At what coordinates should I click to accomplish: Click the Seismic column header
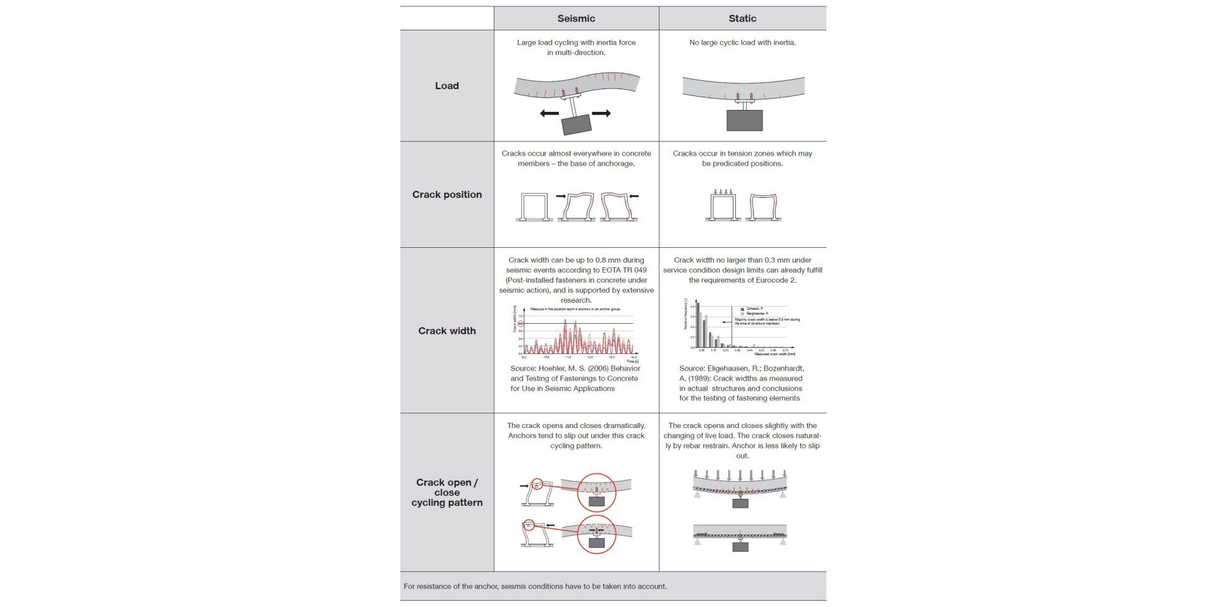pos(575,18)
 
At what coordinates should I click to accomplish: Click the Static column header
pos(742,18)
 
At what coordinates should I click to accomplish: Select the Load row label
pos(446,86)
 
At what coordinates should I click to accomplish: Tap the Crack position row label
pos(446,195)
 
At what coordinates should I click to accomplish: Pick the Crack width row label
pos(446,331)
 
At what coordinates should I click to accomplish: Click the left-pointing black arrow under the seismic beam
pos(549,114)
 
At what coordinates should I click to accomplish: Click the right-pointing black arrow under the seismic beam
pos(601,113)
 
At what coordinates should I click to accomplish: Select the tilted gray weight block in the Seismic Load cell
pos(577,124)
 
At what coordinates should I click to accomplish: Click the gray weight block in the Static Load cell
pos(744,120)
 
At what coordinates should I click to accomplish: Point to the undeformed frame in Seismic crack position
pos(534,207)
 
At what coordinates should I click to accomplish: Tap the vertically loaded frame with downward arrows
pos(723,205)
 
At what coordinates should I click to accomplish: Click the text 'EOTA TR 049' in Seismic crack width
pos(624,270)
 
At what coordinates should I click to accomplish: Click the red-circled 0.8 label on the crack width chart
pos(521,324)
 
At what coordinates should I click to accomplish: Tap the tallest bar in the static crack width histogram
pos(697,325)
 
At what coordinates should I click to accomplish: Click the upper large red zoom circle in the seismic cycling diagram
pos(596,492)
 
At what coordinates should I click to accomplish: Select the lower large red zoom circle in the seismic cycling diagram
pos(596,534)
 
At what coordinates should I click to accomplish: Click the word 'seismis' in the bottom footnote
pos(515,587)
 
